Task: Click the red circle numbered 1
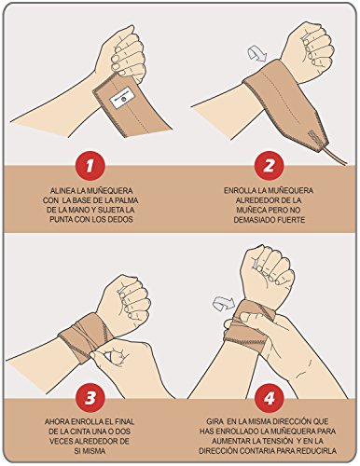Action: click(90, 166)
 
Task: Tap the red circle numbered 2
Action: click(269, 166)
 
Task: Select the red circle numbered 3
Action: click(90, 398)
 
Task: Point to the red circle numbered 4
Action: click(269, 398)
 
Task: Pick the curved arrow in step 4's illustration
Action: click(223, 303)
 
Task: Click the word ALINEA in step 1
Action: click(61, 191)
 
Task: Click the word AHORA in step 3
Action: click(57, 422)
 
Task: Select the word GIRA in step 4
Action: click(215, 422)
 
